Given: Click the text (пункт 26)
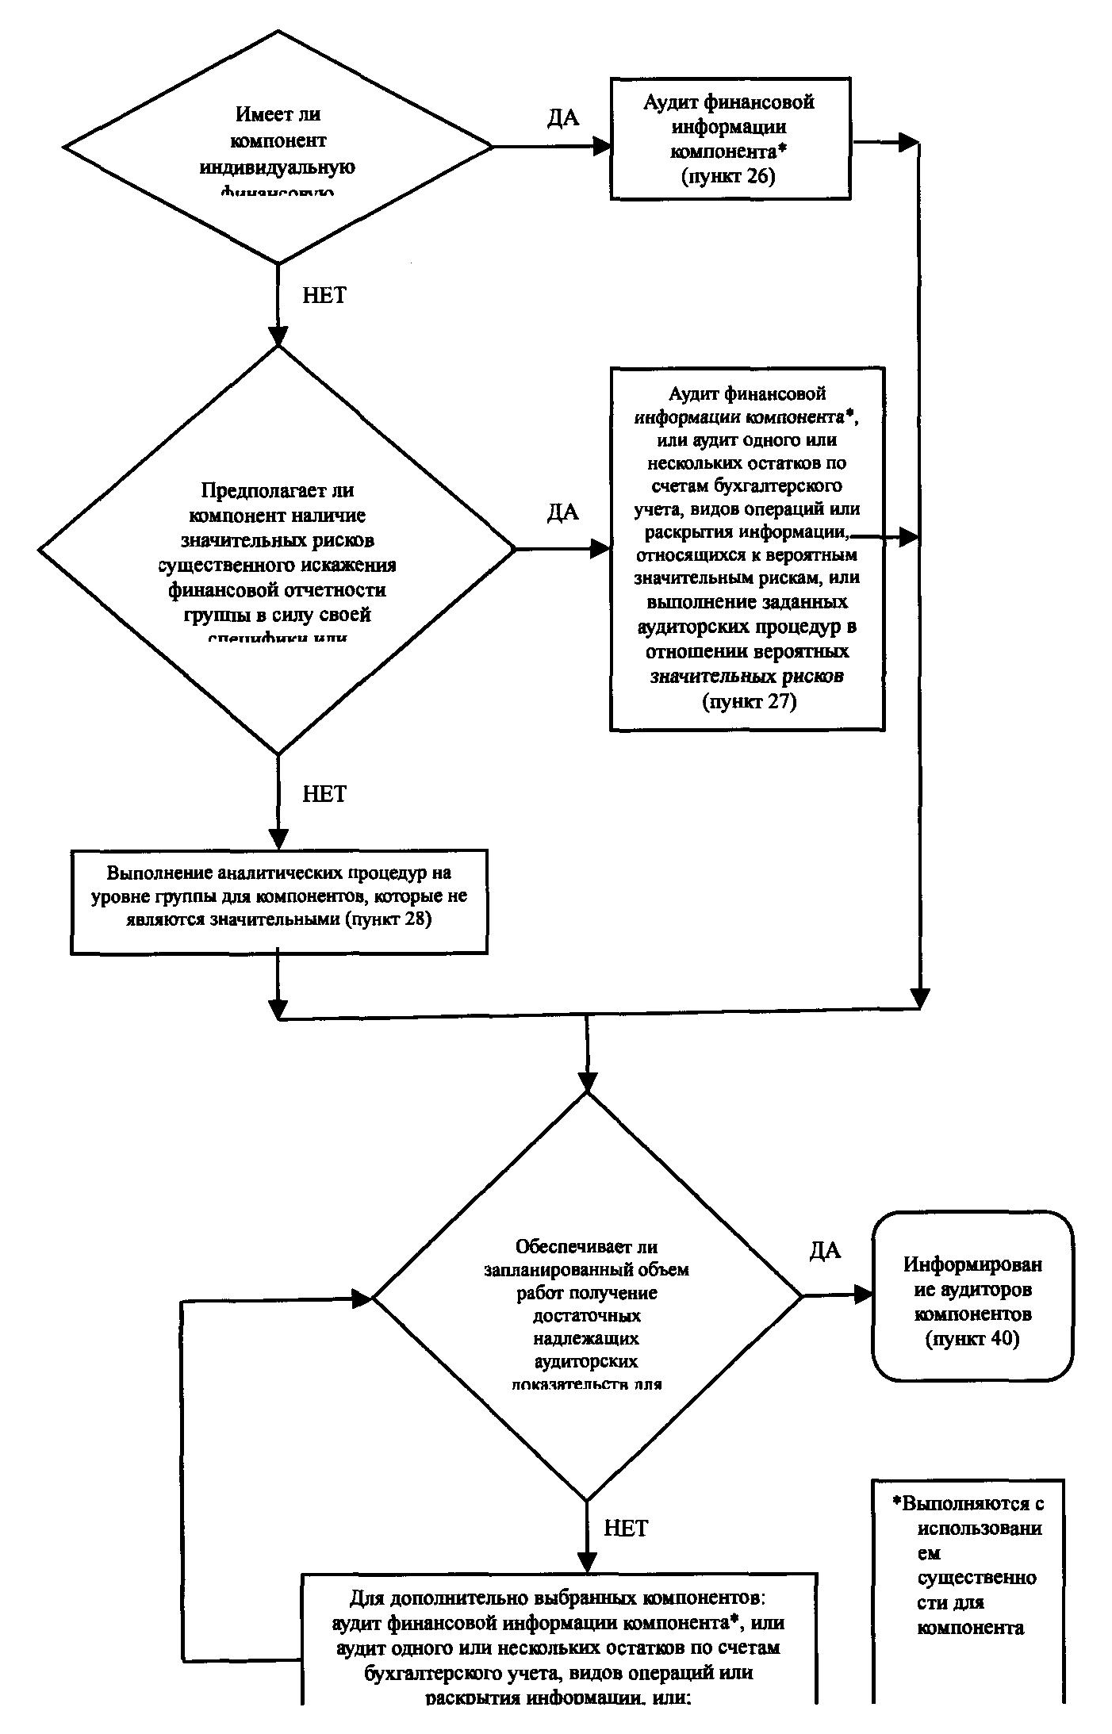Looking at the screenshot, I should pos(727,176).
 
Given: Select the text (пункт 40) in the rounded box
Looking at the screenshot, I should pos(972,1339).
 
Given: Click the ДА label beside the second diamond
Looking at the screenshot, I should pos(562,513).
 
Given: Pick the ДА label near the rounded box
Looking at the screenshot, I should pos(825,1251).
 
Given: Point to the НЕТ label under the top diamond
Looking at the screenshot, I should pos(324,295).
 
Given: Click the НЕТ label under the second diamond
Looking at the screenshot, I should pos(324,794).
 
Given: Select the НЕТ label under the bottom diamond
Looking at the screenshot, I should pos(626,1528).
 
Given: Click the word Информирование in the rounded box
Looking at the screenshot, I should pos(972,1264).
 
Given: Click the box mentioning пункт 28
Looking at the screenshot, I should pos(278,902).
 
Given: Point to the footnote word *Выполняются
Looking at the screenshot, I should pos(968,1503).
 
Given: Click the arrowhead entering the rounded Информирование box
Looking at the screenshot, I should pos(863,1295).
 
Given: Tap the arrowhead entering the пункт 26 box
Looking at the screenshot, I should pos(602,146).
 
